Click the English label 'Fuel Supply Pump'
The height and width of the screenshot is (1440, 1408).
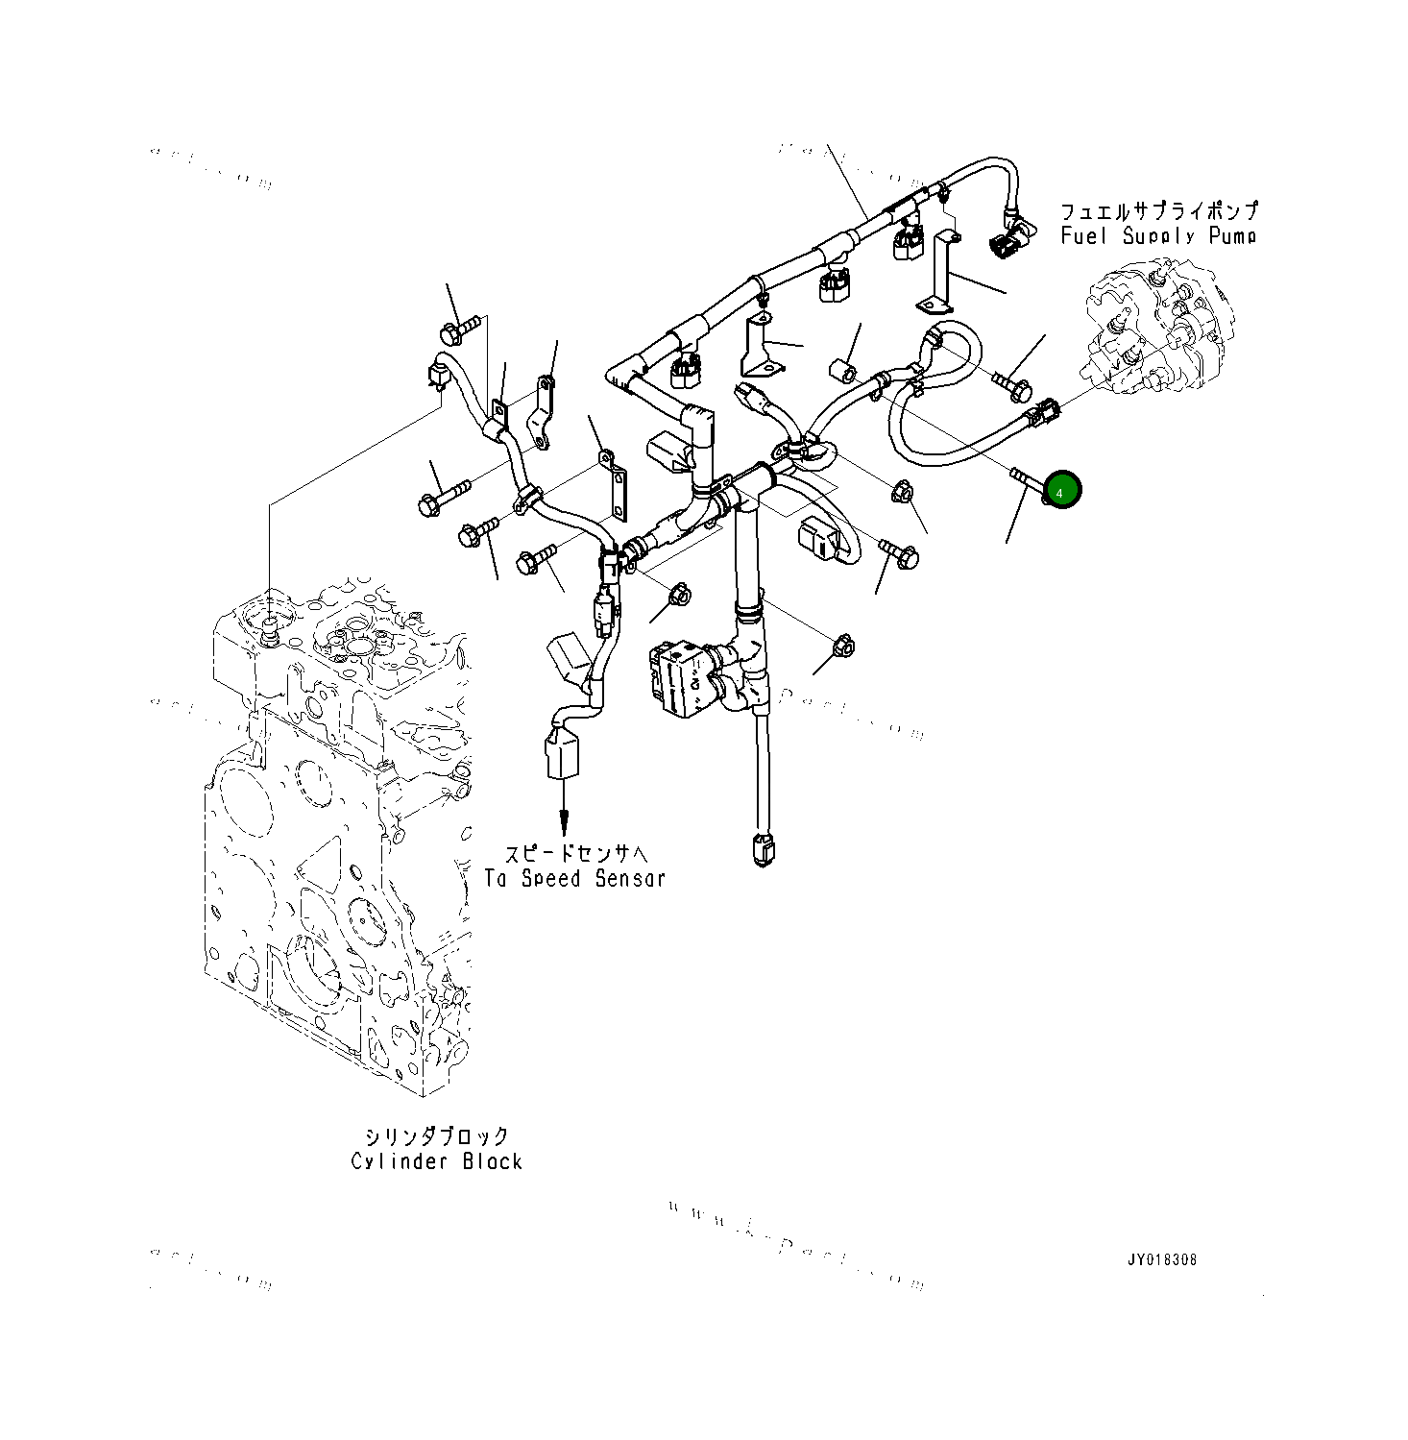pos(1157,236)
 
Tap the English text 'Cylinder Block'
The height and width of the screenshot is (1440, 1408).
pos(436,1161)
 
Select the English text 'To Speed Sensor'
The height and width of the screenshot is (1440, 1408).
pos(574,877)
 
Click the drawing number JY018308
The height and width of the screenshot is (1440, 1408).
pos(1162,1259)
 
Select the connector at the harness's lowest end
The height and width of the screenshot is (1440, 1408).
pos(764,851)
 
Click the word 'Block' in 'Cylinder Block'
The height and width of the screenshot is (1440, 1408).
pos(492,1161)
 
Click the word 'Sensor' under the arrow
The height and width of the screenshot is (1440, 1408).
pos(629,877)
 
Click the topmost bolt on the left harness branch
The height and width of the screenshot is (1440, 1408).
pos(458,330)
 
